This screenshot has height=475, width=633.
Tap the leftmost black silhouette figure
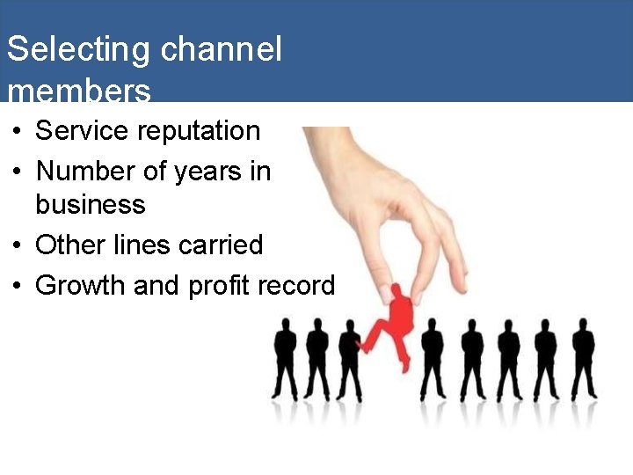(286, 361)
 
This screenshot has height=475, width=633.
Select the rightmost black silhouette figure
(583, 361)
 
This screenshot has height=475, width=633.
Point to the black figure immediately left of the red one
(349, 361)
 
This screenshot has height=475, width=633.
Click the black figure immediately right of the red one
(431, 361)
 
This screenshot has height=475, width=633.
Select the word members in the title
(78, 90)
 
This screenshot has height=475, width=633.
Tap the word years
(207, 172)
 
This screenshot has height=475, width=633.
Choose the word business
(90, 205)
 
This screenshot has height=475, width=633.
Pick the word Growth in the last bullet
(80, 285)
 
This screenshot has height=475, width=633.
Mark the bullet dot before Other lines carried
(18, 245)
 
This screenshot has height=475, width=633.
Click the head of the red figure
(397, 292)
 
